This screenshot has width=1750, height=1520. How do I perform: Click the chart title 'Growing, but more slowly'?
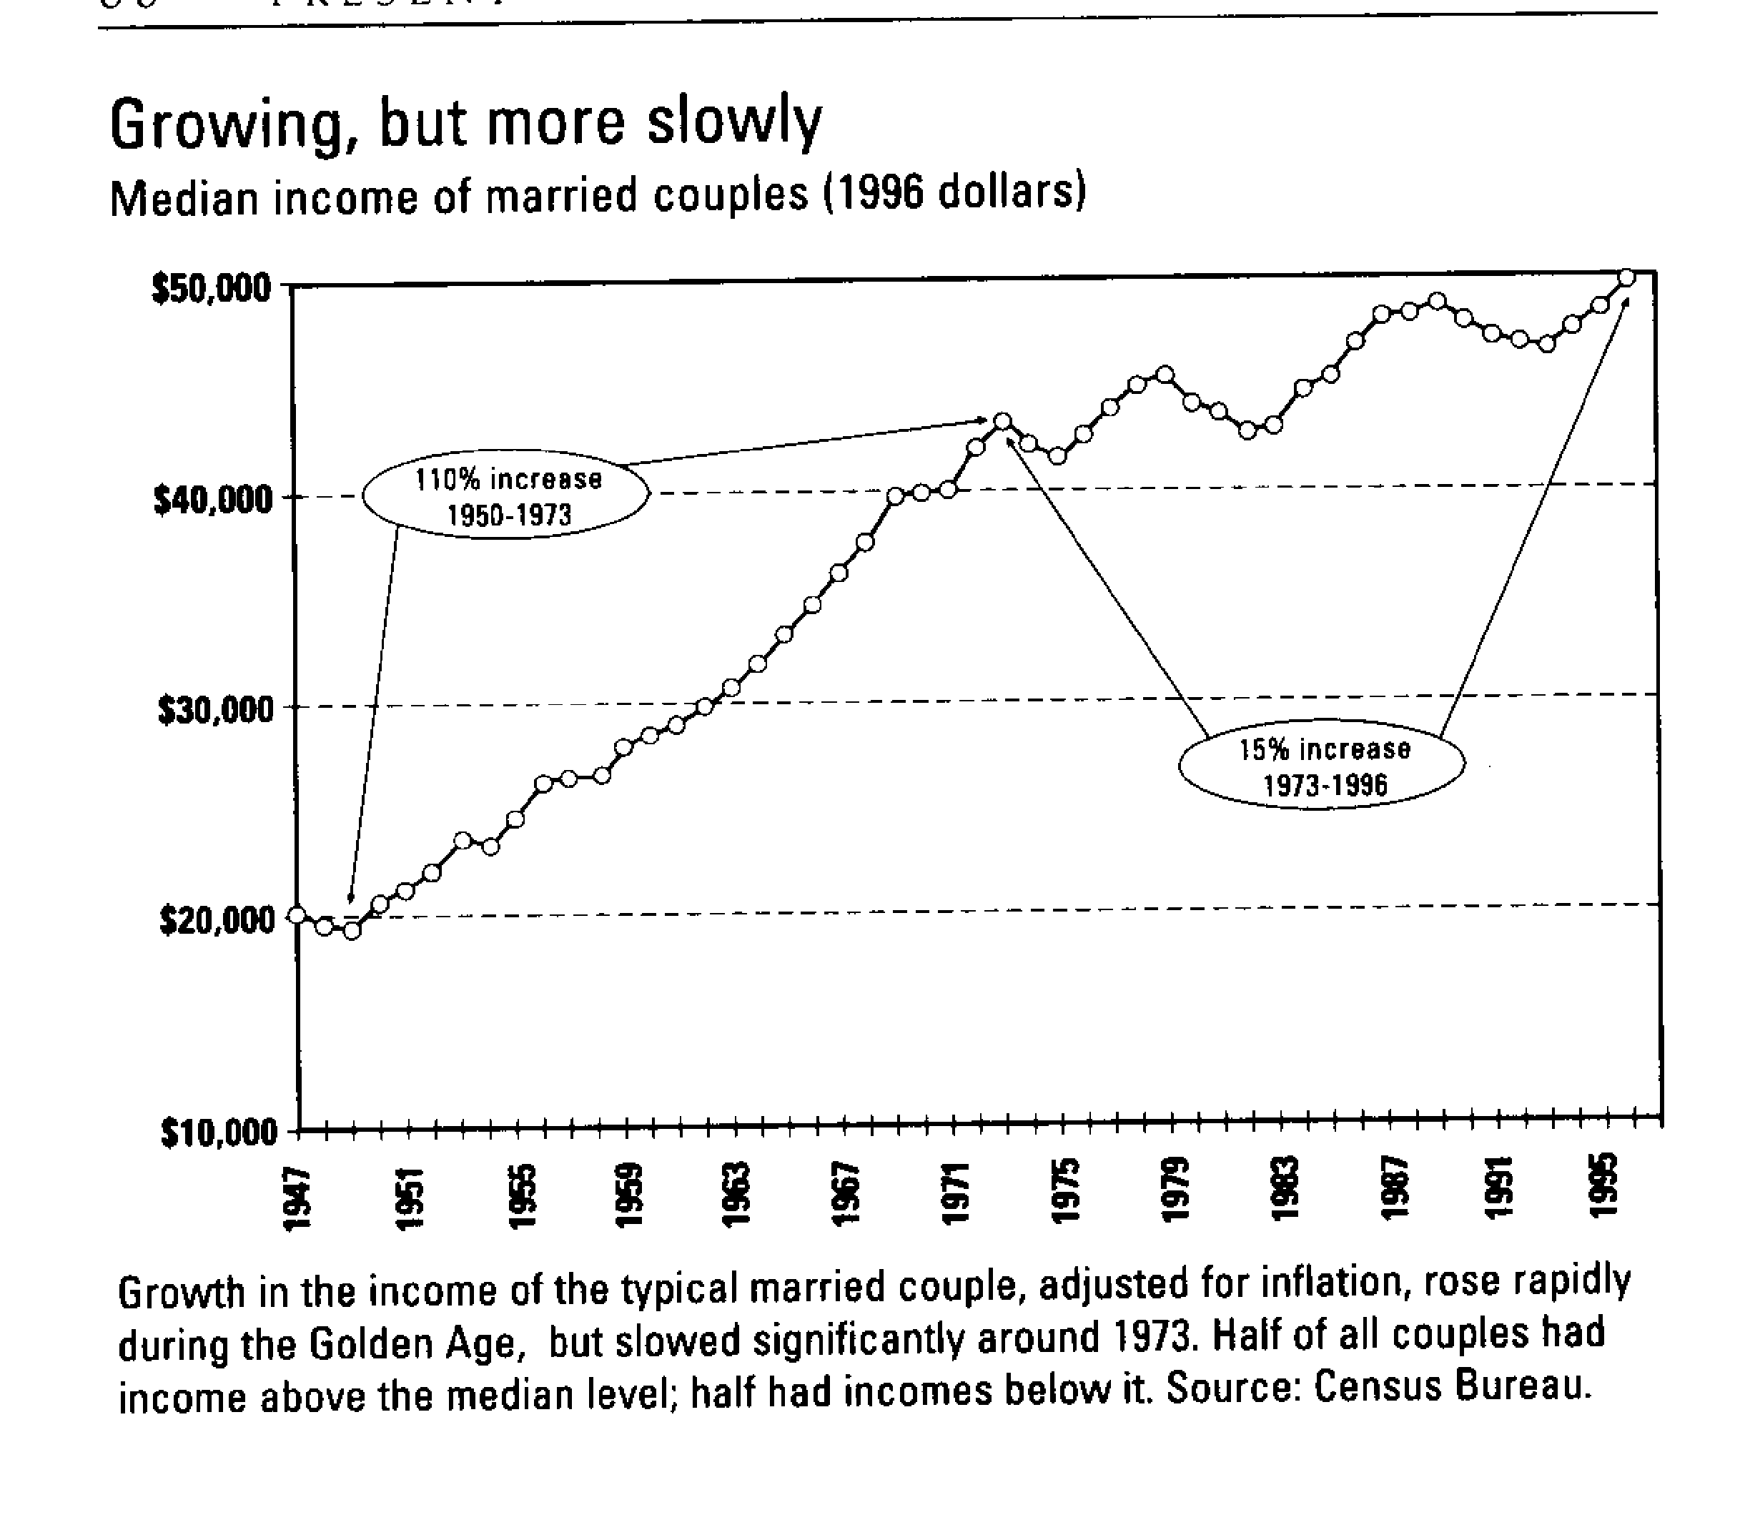[x=465, y=124]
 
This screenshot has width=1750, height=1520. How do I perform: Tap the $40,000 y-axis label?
[x=213, y=500]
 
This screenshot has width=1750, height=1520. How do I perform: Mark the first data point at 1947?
[x=297, y=914]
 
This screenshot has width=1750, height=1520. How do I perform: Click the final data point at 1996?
[x=1626, y=277]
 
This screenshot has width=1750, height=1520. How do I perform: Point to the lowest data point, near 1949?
[x=352, y=930]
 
